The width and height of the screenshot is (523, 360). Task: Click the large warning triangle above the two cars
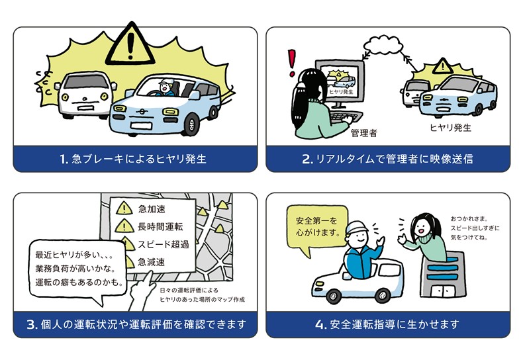130,45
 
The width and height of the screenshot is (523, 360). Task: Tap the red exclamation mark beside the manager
292,63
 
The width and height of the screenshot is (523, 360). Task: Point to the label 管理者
364,133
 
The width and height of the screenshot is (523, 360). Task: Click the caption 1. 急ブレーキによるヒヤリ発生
134,159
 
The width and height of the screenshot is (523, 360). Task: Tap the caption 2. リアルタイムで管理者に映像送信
387,159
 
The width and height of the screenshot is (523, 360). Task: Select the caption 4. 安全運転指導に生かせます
387,324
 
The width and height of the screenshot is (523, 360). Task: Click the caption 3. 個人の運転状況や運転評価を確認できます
136,324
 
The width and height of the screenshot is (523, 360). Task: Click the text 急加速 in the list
152,209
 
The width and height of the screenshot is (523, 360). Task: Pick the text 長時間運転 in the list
160,227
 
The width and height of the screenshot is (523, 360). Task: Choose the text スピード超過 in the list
164,244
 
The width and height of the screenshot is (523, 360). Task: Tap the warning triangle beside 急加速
124,208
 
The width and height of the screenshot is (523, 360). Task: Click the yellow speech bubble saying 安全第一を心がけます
317,228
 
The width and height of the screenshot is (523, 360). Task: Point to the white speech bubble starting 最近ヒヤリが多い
77,270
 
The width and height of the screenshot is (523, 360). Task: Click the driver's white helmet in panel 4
356,227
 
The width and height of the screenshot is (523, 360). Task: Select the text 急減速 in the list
152,262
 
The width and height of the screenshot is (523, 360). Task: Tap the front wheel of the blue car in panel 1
191,124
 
